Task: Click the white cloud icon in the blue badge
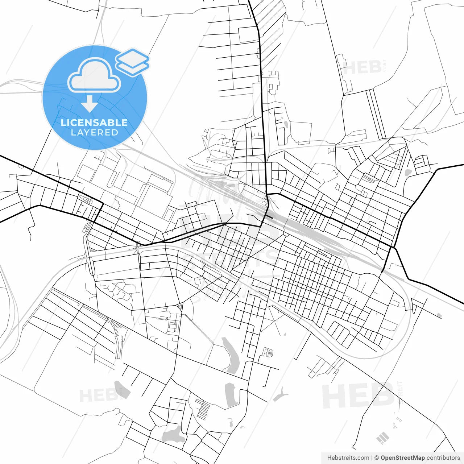click(x=94, y=75)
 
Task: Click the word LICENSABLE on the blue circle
click(x=94, y=123)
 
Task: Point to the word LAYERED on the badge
click(x=94, y=133)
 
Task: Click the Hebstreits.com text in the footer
click(x=348, y=458)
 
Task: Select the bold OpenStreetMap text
click(x=402, y=458)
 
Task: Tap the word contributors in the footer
click(x=443, y=458)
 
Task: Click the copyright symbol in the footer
click(x=377, y=458)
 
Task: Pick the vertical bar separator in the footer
click(x=372, y=458)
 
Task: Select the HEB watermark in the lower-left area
click(x=98, y=395)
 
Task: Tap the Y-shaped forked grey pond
click(x=280, y=394)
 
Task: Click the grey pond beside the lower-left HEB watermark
click(x=121, y=389)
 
